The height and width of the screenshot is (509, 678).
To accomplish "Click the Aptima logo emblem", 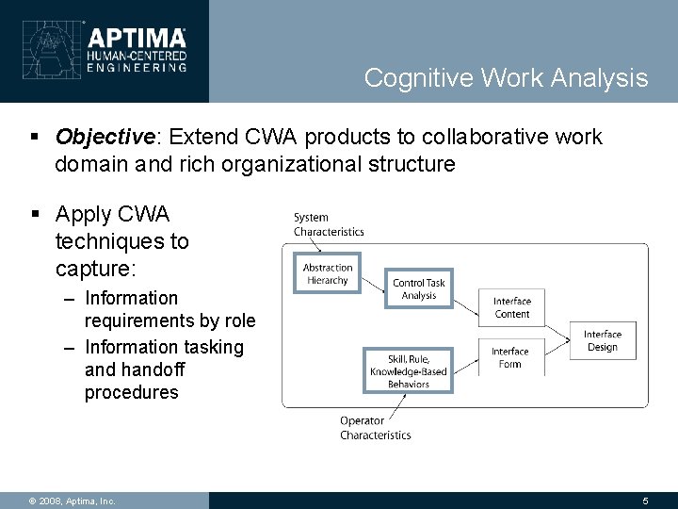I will click(x=47, y=49).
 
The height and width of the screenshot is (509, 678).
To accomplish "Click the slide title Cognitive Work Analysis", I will click(x=506, y=77).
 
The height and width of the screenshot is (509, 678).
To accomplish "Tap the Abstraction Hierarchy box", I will click(x=327, y=274).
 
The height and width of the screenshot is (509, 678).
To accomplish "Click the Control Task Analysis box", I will click(x=419, y=288).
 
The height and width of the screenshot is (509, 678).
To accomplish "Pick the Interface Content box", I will click(x=511, y=307).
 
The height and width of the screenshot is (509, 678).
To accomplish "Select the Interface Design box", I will click(x=602, y=340).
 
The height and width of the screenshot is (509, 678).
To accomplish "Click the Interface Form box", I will click(x=509, y=358).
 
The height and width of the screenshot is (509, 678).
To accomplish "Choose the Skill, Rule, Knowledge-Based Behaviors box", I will click(x=408, y=370).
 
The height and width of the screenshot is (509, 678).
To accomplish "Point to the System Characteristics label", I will click(x=328, y=224).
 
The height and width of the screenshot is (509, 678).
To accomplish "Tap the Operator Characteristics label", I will click(x=375, y=428).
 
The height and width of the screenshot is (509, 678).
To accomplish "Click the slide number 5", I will click(x=645, y=501).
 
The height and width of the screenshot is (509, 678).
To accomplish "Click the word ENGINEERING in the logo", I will click(x=137, y=67).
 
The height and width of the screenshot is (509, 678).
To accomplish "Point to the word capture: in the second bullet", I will click(x=96, y=270).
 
